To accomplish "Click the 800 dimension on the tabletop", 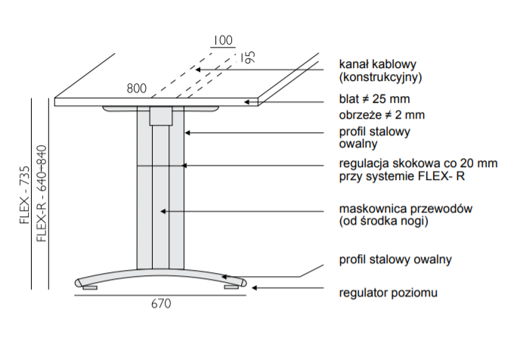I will coord(136,89).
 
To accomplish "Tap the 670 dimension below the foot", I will coord(160,304).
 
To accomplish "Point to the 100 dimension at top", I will coord(222,40).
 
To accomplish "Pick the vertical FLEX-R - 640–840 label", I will coord(42,194).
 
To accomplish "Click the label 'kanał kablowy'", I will coord(378,64).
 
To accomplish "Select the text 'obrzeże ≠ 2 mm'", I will coord(382,115).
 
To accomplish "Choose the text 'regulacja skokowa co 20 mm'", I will coord(418,163).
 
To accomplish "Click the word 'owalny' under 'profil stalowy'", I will coord(359,144).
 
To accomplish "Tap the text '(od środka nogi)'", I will coord(384,222).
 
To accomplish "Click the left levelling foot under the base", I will coord(89,287).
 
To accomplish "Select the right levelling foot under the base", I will coord(230,287).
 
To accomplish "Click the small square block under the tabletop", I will coord(161,115).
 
